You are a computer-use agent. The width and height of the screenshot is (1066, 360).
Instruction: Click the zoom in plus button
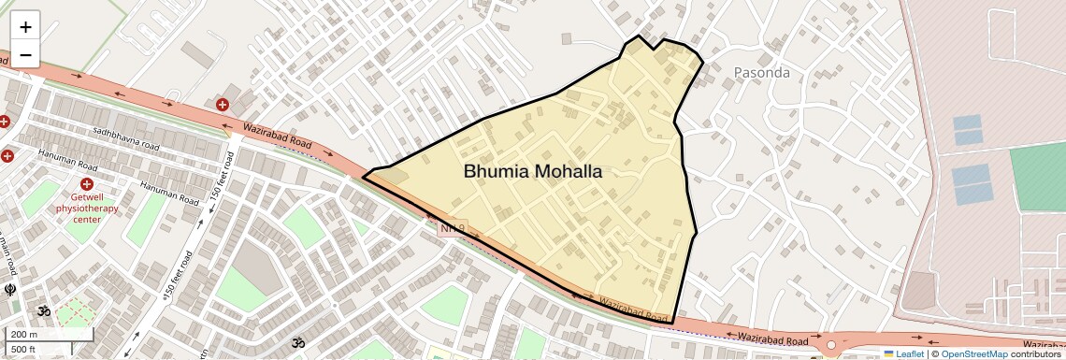click(x=25, y=27)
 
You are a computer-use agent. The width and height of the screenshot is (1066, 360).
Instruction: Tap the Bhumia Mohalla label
click(x=533, y=172)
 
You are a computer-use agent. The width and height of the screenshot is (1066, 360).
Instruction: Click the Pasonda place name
click(x=761, y=73)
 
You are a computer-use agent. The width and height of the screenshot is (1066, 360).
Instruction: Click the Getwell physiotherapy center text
click(x=86, y=208)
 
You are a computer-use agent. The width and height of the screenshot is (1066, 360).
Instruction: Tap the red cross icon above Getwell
click(x=87, y=184)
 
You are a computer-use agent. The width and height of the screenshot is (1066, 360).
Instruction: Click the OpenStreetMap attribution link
click(x=973, y=353)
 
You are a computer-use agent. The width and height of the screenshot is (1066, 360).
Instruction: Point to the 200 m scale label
click(x=24, y=334)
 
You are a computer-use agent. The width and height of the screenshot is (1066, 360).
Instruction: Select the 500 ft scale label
click(x=24, y=350)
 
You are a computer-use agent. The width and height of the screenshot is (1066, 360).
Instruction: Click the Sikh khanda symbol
click(x=10, y=290)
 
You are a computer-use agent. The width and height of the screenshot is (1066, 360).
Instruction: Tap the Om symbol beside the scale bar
click(x=43, y=310)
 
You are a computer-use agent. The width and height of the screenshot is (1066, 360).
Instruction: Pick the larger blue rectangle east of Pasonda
click(x=972, y=184)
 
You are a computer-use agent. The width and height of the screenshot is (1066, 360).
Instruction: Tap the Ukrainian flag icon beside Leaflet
click(x=888, y=353)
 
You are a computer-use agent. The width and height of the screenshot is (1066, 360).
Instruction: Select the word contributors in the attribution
click(x=1035, y=353)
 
